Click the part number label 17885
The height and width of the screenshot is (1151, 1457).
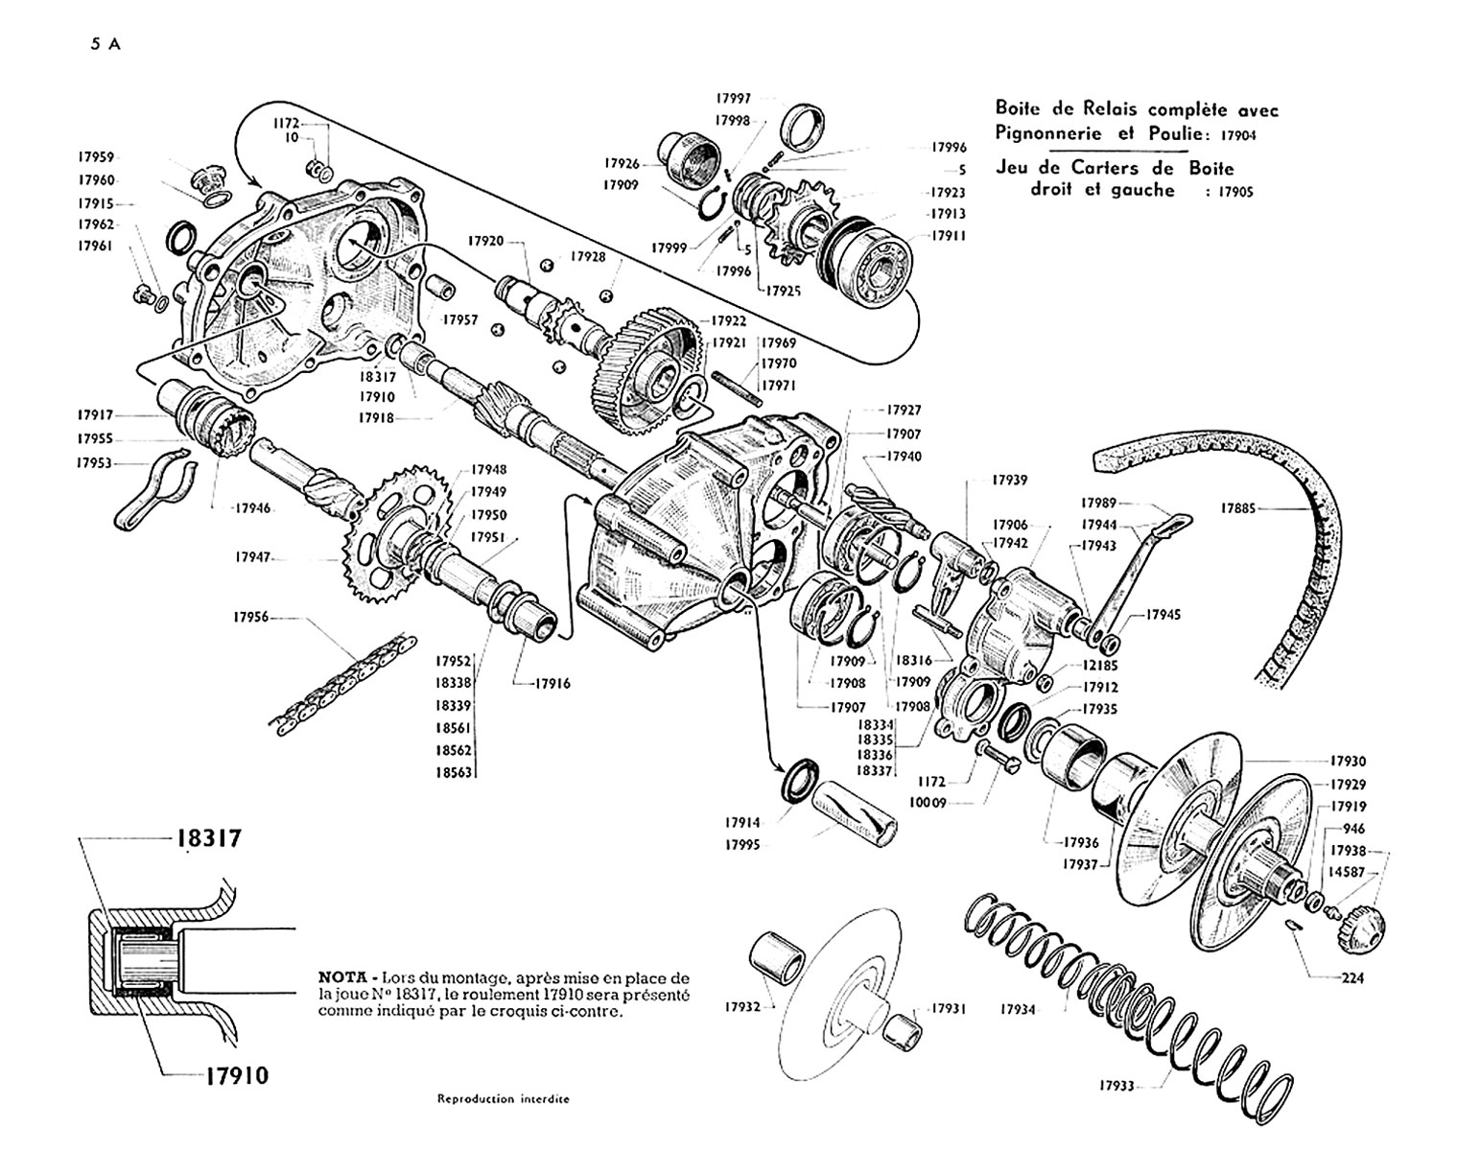coord(1238,507)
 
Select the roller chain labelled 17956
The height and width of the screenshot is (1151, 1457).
coord(343,684)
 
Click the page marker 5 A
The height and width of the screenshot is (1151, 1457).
coord(106,45)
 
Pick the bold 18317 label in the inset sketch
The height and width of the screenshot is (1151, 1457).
coord(209,838)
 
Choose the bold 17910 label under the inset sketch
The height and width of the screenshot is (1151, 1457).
coord(237,1075)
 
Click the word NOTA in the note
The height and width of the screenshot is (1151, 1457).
coord(341,977)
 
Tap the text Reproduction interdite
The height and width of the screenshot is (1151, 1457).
coord(503,1099)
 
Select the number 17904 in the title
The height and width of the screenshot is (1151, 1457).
coord(1238,135)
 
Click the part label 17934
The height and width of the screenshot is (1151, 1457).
coord(1019,1009)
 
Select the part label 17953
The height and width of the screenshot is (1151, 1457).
coord(93,463)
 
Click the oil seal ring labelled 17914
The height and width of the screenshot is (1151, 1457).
coord(802,782)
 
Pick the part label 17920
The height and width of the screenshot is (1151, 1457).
coord(485,241)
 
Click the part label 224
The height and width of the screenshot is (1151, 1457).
coord(1352,977)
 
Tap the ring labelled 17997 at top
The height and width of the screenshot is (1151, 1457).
coord(803,129)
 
